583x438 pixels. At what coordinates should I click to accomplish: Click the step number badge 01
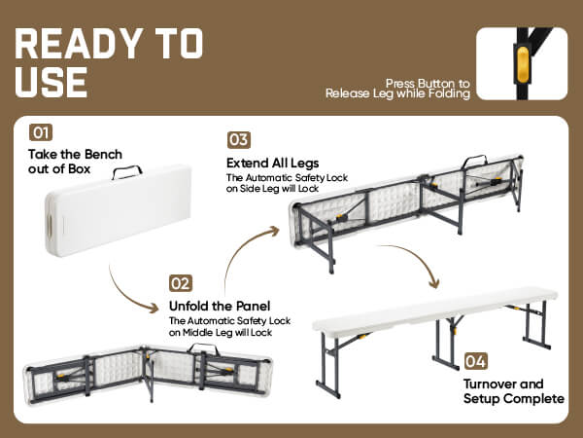(x=41, y=132)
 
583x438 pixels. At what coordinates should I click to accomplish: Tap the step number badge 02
(x=181, y=283)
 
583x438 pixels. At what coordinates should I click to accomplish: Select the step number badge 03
(x=239, y=140)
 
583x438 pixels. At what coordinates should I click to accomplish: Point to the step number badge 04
(x=476, y=361)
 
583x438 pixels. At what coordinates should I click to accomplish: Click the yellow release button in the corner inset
(x=523, y=64)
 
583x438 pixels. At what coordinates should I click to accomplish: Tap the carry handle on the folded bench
(x=127, y=172)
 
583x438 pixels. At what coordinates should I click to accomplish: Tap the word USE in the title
(x=51, y=83)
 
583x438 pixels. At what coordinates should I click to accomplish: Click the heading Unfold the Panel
(x=220, y=307)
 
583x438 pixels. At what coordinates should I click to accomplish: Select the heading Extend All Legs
(x=272, y=164)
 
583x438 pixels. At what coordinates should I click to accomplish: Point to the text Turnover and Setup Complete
(x=514, y=391)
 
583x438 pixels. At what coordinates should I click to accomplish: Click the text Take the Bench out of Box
(x=75, y=162)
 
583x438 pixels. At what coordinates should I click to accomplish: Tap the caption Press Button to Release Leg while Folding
(x=397, y=89)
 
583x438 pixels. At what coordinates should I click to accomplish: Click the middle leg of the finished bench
(x=448, y=342)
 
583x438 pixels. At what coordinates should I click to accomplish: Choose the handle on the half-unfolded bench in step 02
(x=204, y=348)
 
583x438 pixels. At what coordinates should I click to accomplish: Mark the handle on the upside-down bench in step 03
(x=474, y=161)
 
